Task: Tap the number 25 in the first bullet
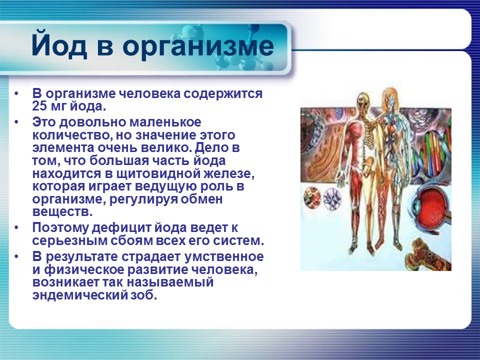39,106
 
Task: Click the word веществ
62,211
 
